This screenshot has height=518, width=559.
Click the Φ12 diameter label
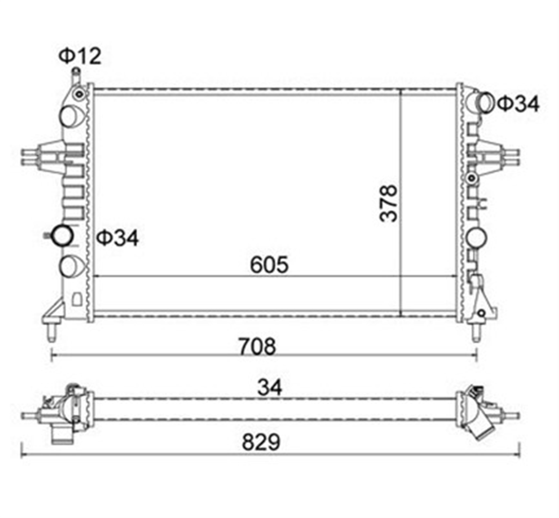pos(79,56)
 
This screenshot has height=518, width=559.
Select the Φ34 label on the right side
pos(518,104)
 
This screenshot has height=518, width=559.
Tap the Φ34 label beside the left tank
pos(117,238)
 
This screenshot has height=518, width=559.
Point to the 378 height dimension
pos(389,203)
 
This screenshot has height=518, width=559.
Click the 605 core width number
pos(269,265)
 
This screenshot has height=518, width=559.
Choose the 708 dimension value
pos(257,346)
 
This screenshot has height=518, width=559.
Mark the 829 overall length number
pos(261,442)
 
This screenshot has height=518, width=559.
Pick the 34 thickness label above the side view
pos(270,387)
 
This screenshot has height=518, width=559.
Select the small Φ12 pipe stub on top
pos(75,74)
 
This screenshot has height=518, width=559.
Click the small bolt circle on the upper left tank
pos(81,95)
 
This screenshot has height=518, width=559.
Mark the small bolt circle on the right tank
pos(472,178)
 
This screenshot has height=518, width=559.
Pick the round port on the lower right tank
pos(476,237)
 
